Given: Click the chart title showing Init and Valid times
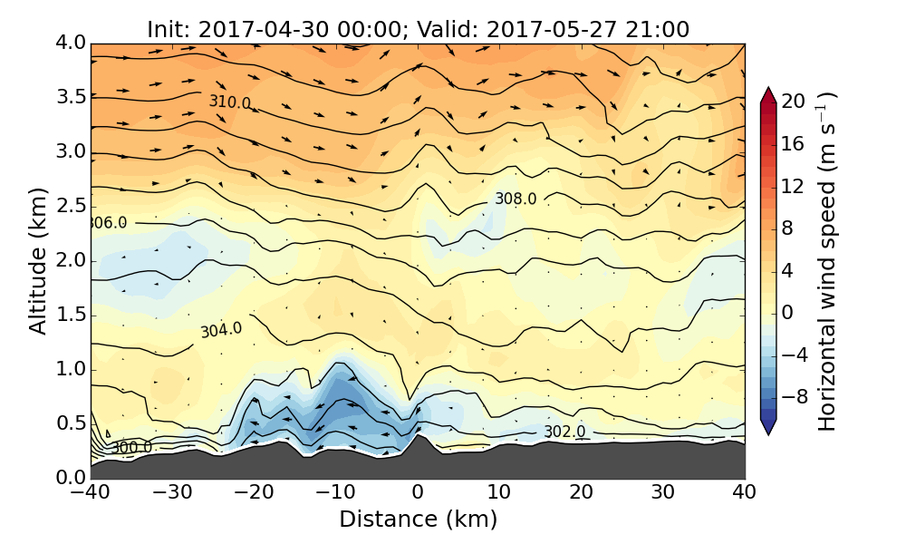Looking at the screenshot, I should point(418,29).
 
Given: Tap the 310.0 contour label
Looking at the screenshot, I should point(229,102).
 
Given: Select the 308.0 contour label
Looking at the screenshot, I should point(515,199).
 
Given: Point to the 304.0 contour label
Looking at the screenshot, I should point(221,330).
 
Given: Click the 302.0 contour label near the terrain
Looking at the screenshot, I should point(564,432).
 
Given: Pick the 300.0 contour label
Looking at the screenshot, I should point(132,447).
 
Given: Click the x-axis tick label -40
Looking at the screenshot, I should point(91,494).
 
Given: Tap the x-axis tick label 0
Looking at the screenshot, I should point(418,494).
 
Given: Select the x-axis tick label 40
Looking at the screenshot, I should point(745,494).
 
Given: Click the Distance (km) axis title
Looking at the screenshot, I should point(418,520).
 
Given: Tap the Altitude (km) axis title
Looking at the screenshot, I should point(38,260).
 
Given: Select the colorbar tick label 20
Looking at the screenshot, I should point(794,102).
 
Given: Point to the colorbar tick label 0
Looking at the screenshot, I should point(787,311).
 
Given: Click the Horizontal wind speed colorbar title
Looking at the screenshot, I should point(827,261).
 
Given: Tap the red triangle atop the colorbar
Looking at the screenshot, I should point(768,93).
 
